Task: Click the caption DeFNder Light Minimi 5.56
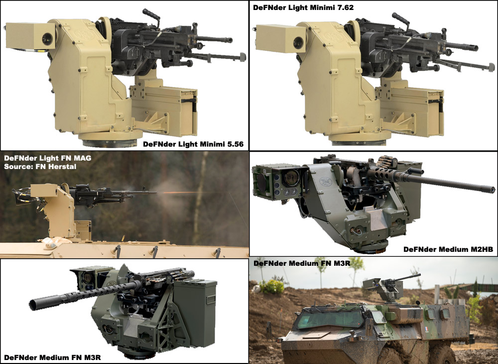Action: (x=193, y=144)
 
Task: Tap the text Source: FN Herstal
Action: (x=40, y=166)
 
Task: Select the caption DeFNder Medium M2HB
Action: (x=448, y=249)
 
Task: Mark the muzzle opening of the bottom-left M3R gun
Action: (x=34, y=303)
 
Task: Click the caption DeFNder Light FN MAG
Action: (x=47, y=158)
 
